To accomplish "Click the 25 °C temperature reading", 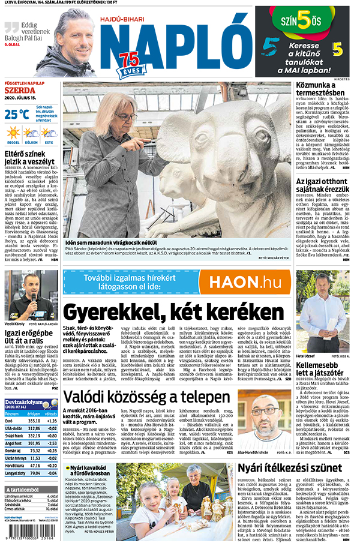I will [x=17, y=114].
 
